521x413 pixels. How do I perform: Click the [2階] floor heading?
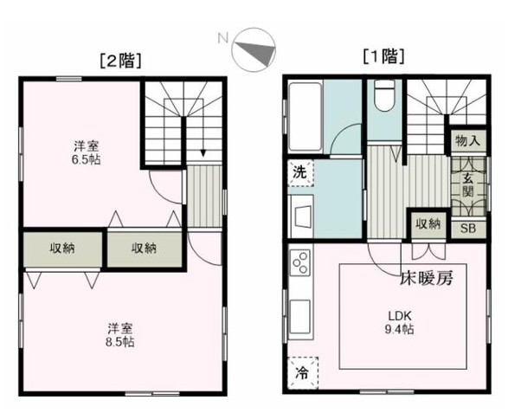click(121, 61)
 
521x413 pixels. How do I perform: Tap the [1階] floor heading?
click(383, 58)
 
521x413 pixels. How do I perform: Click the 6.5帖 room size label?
click(83, 154)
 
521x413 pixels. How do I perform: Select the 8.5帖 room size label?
click(120, 334)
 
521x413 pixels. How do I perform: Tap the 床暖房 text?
click(426, 279)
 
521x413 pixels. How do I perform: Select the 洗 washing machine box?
click(299, 171)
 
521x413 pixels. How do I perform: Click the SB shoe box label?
click(467, 229)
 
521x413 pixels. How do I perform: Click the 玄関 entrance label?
click(467, 185)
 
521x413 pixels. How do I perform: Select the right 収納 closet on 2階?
click(144, 248)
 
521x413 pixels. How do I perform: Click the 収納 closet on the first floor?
click(428, 224)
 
